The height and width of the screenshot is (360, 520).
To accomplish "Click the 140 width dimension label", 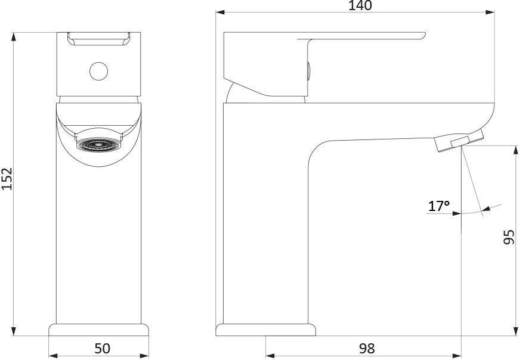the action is pos(360,5).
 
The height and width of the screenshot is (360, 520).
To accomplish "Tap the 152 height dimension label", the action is pos(7,179).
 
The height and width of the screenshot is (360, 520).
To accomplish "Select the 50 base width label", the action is pos(102,349).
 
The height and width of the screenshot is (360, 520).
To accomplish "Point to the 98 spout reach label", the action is pos(367,349).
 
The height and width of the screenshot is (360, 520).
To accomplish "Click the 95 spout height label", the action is pos(509,237).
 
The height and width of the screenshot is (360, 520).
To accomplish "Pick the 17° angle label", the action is pos(439,206).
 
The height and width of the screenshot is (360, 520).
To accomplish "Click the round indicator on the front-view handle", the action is pos(98,72).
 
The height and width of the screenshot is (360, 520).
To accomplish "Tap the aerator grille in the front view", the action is pos(99,144).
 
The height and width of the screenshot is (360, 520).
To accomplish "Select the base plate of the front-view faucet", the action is pos(99,330).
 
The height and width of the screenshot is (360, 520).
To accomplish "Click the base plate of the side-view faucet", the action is pos(265,330).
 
